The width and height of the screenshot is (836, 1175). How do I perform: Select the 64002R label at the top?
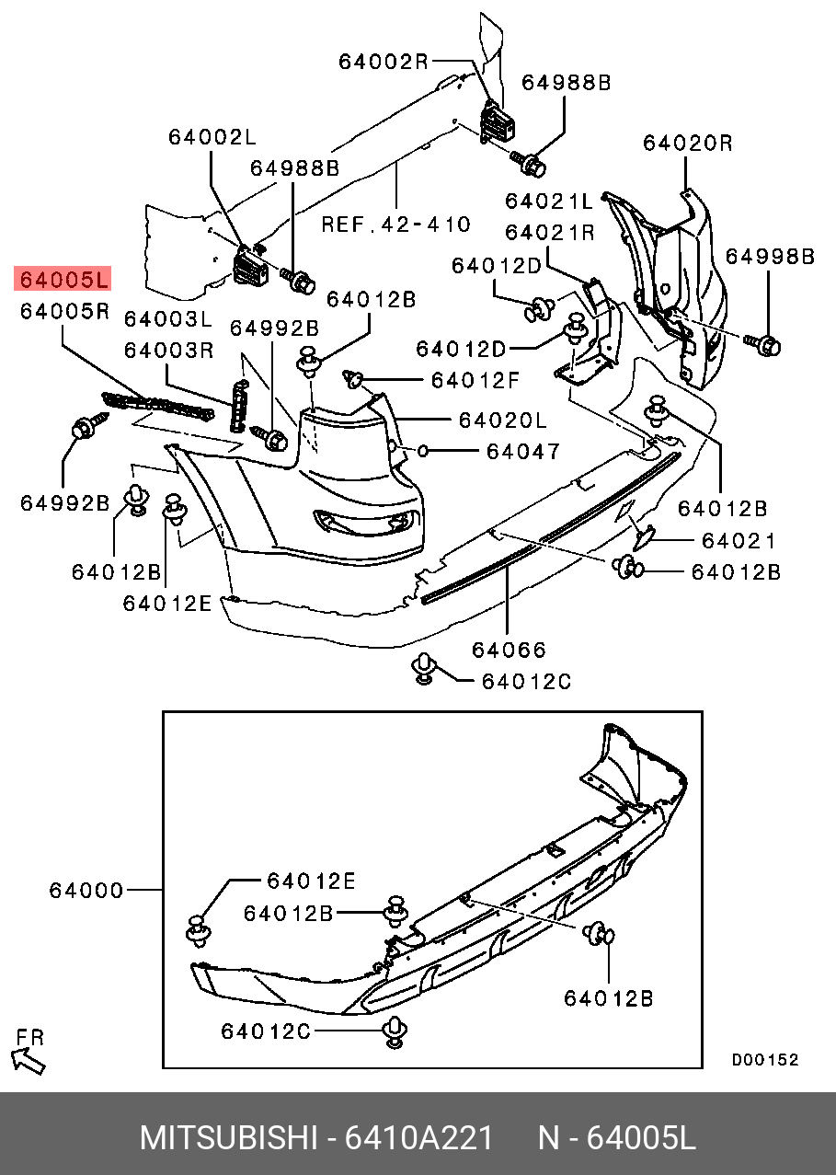coord(383,62)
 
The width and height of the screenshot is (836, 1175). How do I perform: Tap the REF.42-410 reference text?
coord(395,224)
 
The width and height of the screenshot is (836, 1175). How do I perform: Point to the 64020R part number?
coord(687,143)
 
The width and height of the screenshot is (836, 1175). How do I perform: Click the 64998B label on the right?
coord(770,257)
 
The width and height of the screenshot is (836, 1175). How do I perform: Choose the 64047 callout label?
coord(522,451)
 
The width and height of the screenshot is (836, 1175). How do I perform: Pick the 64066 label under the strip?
coord(509,650)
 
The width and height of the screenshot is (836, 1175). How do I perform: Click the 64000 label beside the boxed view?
coord(86,891)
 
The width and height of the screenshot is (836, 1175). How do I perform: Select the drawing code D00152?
coord(764,1060)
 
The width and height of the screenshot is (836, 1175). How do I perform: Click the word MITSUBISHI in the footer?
coord(227,1138)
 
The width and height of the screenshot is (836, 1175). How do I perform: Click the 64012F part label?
coord(475,379)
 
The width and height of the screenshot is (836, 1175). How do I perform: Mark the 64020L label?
coord(502,420)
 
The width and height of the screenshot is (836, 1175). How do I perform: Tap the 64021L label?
coord(549,201)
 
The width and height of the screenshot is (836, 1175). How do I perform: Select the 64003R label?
coord(168,351)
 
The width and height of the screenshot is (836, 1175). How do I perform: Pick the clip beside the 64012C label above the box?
coord(423,668)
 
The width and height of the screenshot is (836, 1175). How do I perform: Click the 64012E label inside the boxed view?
coord(311,881)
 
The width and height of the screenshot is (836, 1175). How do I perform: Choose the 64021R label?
coord(549,232)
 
